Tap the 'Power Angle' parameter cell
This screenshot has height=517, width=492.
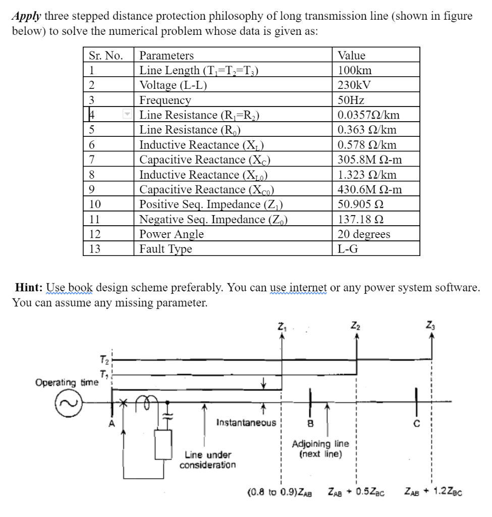pyautogui.click(x=172, y=234)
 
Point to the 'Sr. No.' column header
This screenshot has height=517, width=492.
pyautogui.click(x=105, y=56)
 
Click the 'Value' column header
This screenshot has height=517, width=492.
pyautogui.click(x=351, y=56)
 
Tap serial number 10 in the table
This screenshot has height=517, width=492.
pyautogui.click(x=95, y=204)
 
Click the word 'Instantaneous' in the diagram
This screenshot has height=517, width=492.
pyautogui.click(x=246, y=422)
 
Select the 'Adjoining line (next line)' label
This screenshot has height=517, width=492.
pyautogui.click(x=320, y=448)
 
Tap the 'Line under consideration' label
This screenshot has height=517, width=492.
pyautogui.click(x=207, y=459)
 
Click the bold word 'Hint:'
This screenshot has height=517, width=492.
pyautogui.click(x=30, y=288)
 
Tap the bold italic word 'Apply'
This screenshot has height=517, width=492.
pyautogui.click(x=27, y=16)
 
